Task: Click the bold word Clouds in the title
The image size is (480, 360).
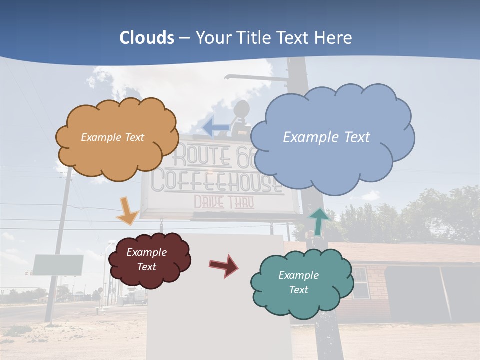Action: point(147,38)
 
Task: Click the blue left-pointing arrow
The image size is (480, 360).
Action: point(216,127)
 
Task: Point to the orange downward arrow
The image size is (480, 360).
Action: point(127,211)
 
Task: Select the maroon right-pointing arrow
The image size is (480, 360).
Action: point(224,265)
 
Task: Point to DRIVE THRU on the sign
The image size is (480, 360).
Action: point(223,203)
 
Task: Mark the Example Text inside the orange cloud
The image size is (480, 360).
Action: point(112,137)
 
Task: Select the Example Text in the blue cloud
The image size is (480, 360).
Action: point(326,137)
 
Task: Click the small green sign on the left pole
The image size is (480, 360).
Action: point(58,265)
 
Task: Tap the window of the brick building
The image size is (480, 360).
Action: point(360,282)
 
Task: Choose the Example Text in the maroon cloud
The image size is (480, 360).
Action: point(146,259)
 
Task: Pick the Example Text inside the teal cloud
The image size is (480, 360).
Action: point(298,282)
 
